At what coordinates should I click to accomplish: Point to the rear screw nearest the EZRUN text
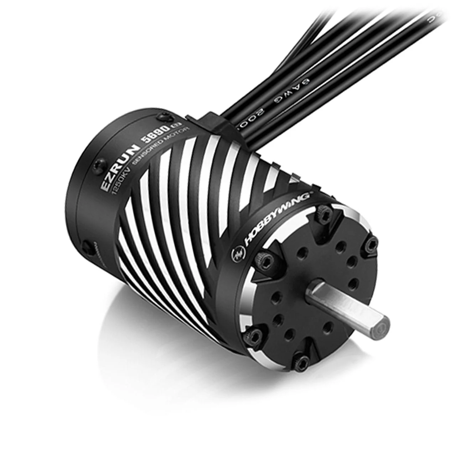point(97,164)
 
